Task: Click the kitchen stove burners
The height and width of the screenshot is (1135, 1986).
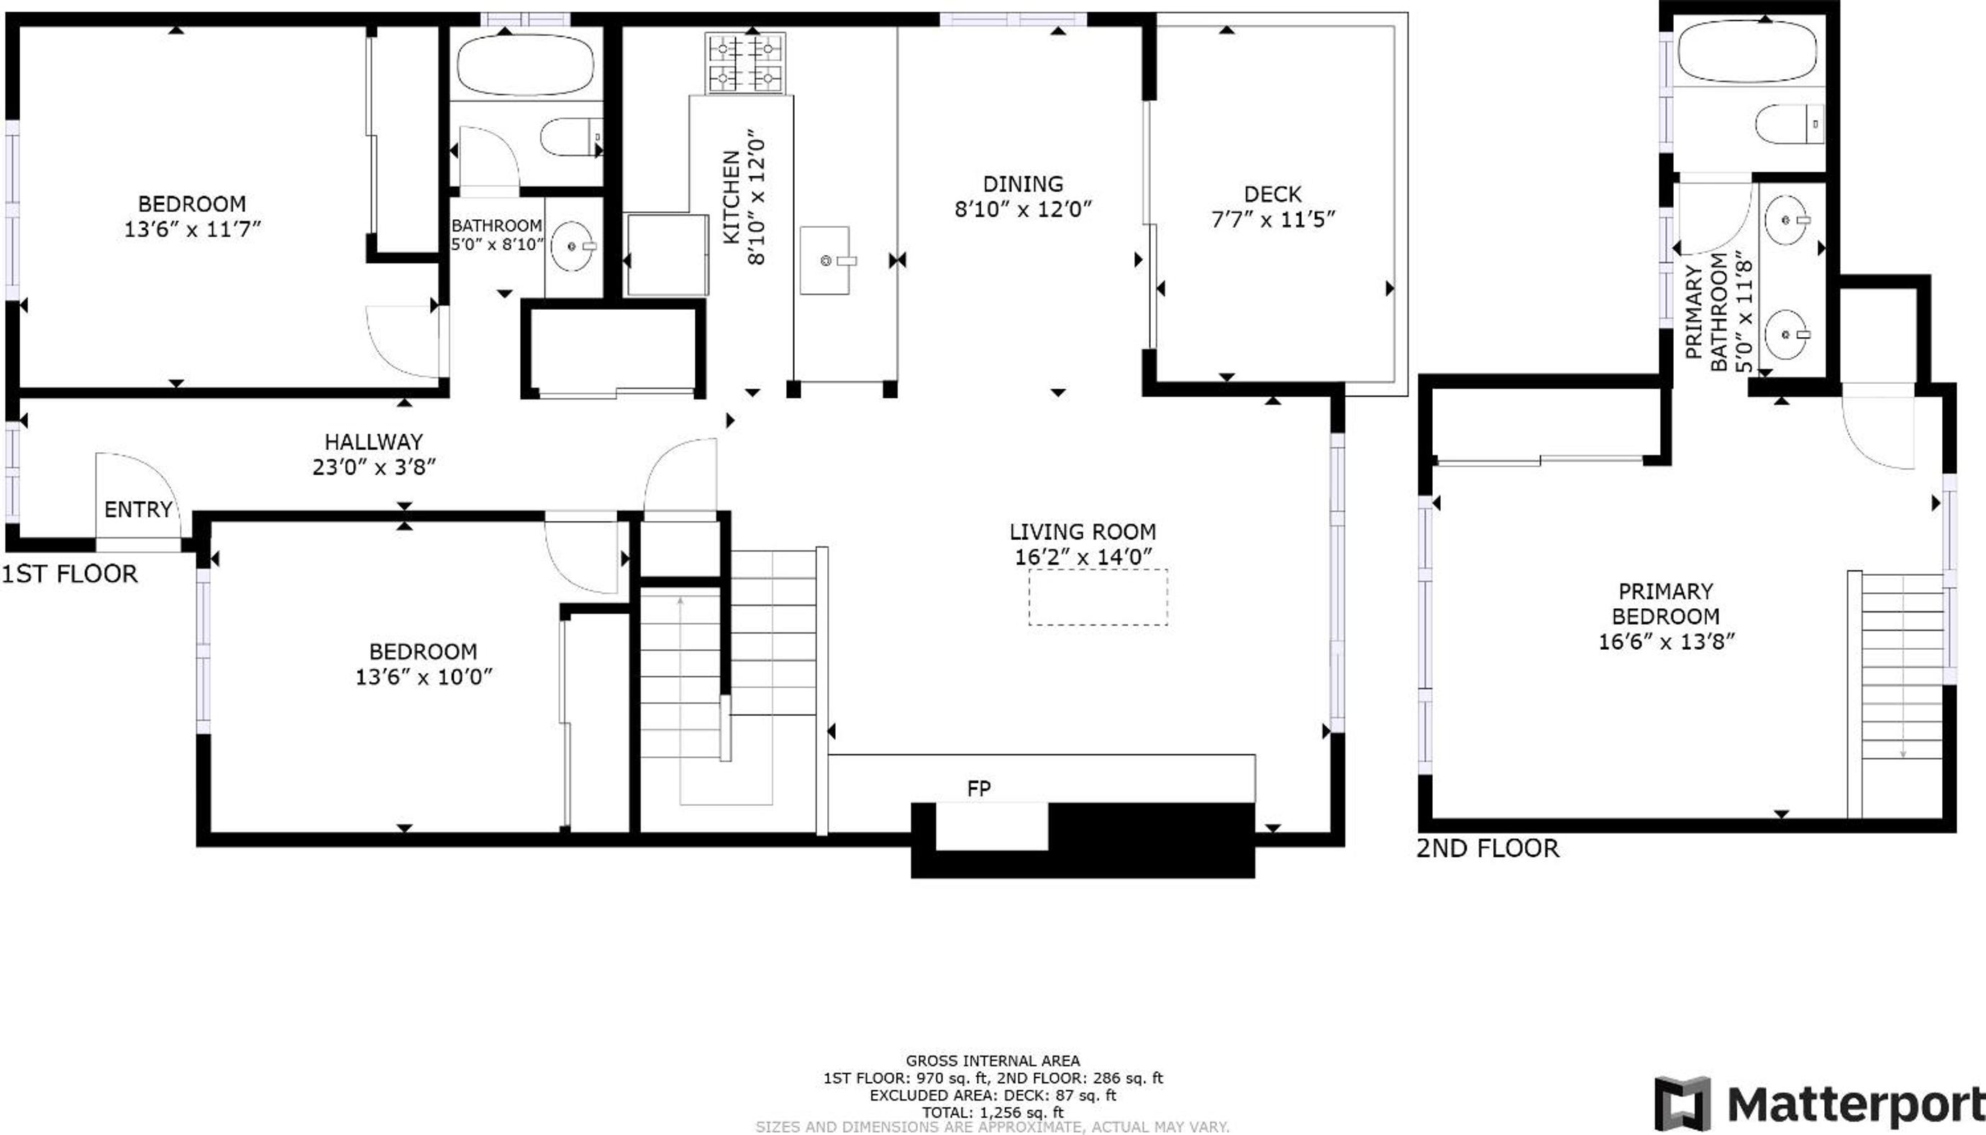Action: pyautogui.click(x=745, y=63)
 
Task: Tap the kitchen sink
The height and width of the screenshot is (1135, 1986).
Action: pyautogui.click(x=824, y=261)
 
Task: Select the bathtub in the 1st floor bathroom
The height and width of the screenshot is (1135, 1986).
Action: pyautogui.click(x=525, y=65)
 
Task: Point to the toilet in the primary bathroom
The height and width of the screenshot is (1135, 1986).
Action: pyautogui.click(x=1790, y=124)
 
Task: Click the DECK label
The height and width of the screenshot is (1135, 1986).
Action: pyautogui.click(x=1272, y=194)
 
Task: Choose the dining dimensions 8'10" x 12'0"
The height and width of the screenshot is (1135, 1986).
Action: pyautogui.click(x=1023, y=209)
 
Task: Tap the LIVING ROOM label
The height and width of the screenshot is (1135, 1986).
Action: pyautogui.click(x=1083, y=532)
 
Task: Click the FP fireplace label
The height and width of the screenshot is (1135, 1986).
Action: pyautogui.click(x=979, y=788)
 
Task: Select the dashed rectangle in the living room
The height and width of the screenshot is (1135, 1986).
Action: pyautogui.click(x=1098, y=597)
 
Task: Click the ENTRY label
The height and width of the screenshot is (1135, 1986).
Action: pyautogui.click(x=138, y=509)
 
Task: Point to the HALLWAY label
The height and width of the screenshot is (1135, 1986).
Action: pyautogui.click(x=373, y=442)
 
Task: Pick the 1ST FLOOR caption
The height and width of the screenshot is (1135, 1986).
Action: pyautogui.click(x=70, y=574)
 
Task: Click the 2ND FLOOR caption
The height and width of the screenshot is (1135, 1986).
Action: pyautogui.click(x=1488, y=848)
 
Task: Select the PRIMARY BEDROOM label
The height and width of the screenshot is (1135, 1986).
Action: pyautogui.click(x=1665, y=603)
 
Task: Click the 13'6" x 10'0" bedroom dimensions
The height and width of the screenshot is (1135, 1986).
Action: pyautogui.click(x=424, y=676)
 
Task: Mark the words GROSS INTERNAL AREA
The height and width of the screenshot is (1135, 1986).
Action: pyautogui.click(x=992, y=1060)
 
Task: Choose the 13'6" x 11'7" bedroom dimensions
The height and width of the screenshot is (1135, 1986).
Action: pyautogui.click(x=192, y=229)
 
